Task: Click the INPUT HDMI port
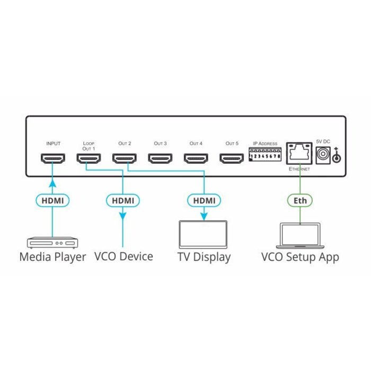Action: (53, 158)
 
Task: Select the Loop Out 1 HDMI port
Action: (89, 158)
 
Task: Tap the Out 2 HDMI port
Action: (125, 158)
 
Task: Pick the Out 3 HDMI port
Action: (161, 158)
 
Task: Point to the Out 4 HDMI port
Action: (196, 158)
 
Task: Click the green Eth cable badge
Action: (300, 201)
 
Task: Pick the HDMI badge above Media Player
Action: (53, 201)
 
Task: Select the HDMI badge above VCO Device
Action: (123, 201)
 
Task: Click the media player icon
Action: (52, 243)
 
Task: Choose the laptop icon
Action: (300, 235)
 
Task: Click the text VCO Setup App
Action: (300, 257)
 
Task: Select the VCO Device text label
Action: (123, 257)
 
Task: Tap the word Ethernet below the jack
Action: (299, 170)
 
